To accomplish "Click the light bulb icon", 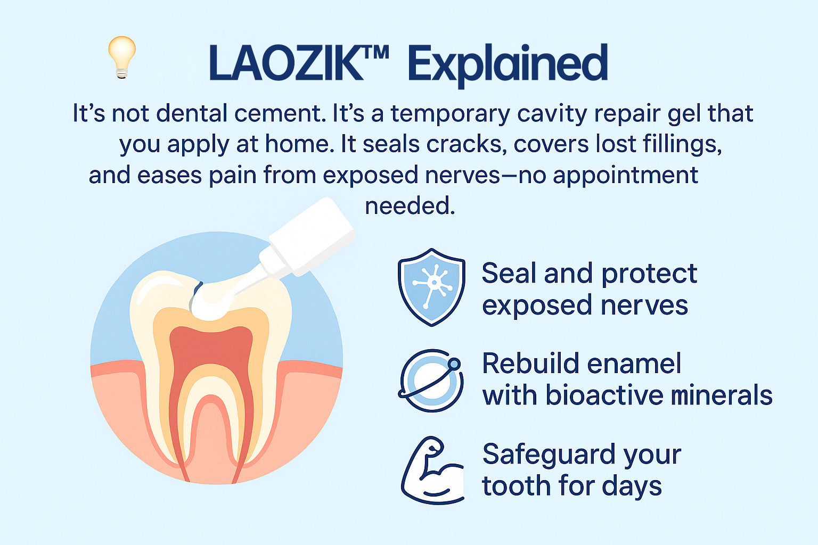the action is pyautogui.click(x=122, y=57).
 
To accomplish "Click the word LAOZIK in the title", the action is pyautogui.click(x=287, y=63).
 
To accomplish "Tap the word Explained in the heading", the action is pyautogui.click(x=508, y=65).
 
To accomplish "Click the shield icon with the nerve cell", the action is pyautogui.click(x=431, y=287).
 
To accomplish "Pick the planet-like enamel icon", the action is pyautogui.click(x=431, y=381).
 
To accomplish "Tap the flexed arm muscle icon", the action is pyautogui.click(x=432, y=470).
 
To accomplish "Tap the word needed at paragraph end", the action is pyautogui.click(x=410, y=207).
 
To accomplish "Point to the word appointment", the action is pyautogui.click(x=626, y=176).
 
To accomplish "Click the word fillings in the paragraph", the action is pyautogui.click(x=682, y=145).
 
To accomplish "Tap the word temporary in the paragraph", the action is pyautogui.click(x=450, y=115).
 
